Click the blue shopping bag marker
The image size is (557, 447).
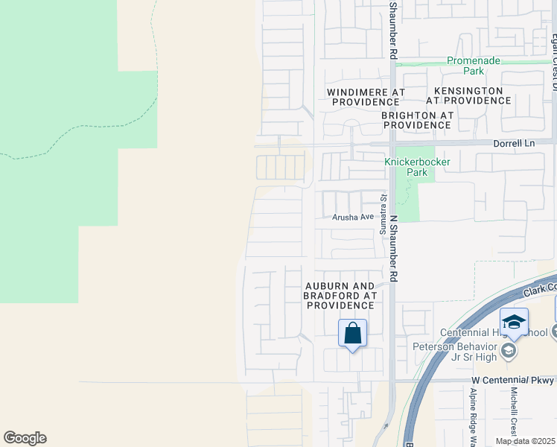(353, 333)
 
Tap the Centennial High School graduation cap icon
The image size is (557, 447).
(514, 322)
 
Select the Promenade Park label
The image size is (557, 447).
(474, 66)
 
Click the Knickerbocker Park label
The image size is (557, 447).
(407, 167)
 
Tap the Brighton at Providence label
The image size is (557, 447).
(417, 120)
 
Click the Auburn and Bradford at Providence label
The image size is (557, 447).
(340, 296)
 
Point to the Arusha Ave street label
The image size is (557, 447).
(353, 217)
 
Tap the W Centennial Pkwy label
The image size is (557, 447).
(513, 380)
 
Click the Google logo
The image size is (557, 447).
(25, 438)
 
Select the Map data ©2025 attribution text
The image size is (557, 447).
(525, 441)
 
